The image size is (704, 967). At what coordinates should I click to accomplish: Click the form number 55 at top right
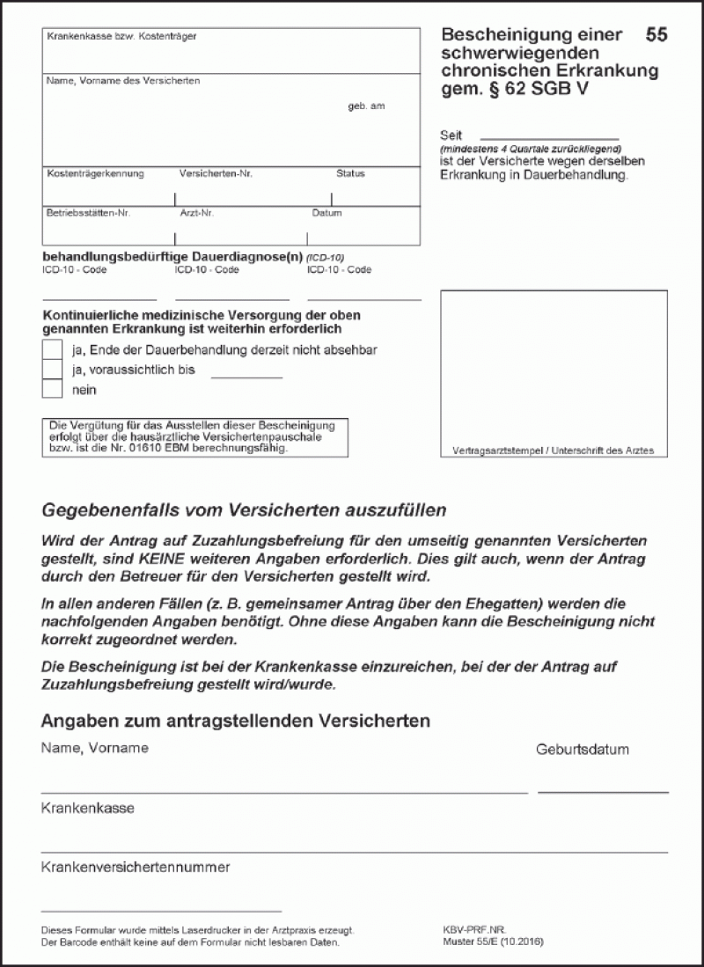coord(656,35)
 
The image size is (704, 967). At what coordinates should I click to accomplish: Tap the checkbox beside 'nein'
coord(53,389)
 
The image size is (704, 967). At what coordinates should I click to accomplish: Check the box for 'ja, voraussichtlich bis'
coord(53,370)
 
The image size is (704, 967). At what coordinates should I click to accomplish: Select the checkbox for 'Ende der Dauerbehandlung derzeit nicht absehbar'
coord(53,350)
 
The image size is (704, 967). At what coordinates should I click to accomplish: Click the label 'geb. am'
coord(366,106)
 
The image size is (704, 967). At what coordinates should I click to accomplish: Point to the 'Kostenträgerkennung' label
coord(95,174)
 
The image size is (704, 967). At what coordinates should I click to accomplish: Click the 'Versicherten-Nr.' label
coord(216,174)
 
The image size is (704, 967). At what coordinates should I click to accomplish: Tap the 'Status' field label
coord(350,174)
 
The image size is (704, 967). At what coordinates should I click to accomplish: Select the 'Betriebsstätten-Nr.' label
coord(88,214)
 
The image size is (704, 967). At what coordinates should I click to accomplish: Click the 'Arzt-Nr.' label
coord(195,214)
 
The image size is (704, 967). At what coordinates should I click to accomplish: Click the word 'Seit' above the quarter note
coord(451,136)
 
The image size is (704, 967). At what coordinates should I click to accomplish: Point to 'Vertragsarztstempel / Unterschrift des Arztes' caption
coord(554,451)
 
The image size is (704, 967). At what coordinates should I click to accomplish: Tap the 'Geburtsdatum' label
coord(583,751)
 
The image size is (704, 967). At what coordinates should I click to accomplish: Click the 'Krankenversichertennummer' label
coord(136,868)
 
